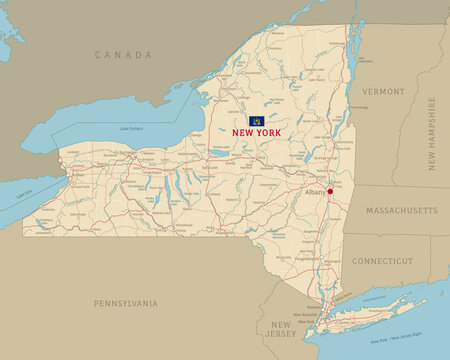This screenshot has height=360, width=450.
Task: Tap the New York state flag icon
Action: pos(254,121)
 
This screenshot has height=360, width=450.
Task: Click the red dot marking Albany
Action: pos(329,192)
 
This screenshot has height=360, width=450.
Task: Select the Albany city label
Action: pos(314,191)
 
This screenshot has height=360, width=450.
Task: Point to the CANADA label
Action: pos(124,54)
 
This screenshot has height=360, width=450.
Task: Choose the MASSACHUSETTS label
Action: pos(402,212)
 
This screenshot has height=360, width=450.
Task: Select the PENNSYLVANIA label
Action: pos(126,302)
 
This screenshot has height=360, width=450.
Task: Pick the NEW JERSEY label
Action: pos(280,329)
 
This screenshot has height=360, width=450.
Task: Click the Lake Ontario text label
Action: pos(131,129)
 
